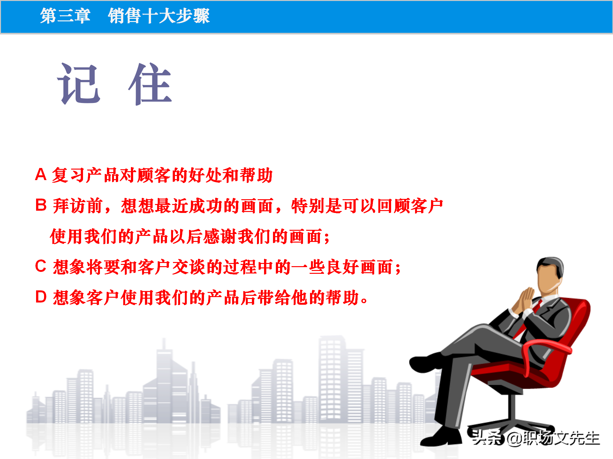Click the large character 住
coord(150,84)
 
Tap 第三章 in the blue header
coord(65,16)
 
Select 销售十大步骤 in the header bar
coord(159,16)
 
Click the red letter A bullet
coord(41,174)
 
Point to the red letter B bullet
coord(41,205)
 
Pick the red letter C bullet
coord(41,266)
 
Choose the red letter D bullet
coord(41,297)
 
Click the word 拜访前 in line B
coord(78,206)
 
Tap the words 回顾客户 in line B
coord(410,206)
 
